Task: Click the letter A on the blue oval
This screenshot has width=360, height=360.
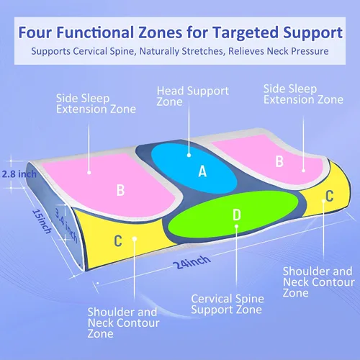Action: pyautogui.click(x=202, y=171)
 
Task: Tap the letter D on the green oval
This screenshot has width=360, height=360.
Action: pyautogui.click(x=237, y=215)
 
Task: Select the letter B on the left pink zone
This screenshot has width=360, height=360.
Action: pyautogui.click(x=120, y=190)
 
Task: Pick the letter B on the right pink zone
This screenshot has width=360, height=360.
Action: pyautogui.click(x=279, y=161)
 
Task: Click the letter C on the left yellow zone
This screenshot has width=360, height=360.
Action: pyautogui.click(x=118, y=240)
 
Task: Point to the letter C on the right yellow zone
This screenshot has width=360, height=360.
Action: pyautogui.click(x=330, y=196)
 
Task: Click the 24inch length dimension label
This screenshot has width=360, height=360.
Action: pyautogui.click(x=192, y=262)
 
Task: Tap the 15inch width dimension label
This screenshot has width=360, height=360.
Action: pyautogui.click(x=42, y=221)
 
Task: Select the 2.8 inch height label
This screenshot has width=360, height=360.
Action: pyautogui.click(x=19, y=174)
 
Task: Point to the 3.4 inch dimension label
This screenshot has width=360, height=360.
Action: pyautogui.click(x=66, y=225)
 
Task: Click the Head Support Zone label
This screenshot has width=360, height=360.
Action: pyautogui.click(x=193, y=96)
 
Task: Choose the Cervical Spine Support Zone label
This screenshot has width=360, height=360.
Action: pyautogui.click(x=228, y=304)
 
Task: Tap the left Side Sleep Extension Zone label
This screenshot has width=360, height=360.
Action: pyautogui.click(x=96, y=104)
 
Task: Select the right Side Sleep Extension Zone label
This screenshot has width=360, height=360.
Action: pyautogui.click(x=303, y=94)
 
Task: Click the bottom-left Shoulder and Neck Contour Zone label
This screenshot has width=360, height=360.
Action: pyautogui.click(x=123, y=323)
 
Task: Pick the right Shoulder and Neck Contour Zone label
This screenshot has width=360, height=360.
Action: pyautogui.click(x=319, y=282)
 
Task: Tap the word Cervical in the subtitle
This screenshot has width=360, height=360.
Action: pyautogui.click(x=90, y=51)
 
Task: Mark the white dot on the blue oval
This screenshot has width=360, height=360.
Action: pyautogui.click(x=189, y=156)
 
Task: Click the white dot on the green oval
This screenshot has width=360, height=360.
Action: pyautogui.click(x=236, y=226)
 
